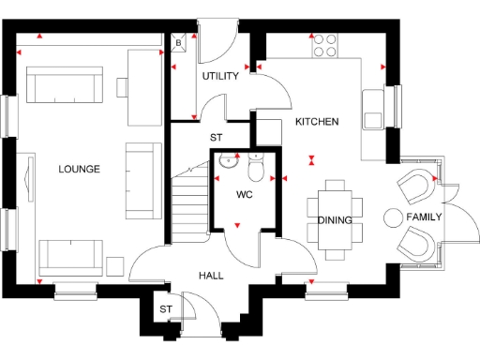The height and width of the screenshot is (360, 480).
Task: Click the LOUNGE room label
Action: (x=79, y=169)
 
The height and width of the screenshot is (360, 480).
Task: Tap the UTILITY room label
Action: (x=220, y=77)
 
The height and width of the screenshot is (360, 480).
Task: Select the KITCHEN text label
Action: (x=317, y=122)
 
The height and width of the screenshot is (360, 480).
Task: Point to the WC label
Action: (x=244, y=195)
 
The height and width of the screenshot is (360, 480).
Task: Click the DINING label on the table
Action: (x=335, y=220)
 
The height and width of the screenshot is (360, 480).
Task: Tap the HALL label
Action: (x=210, y=276)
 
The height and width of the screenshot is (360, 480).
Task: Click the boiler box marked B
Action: (x=178, y=41)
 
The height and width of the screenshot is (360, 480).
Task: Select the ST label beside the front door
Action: (x=165, y=309)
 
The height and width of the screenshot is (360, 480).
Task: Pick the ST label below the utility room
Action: (x=217, y=138)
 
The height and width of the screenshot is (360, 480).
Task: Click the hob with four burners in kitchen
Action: (x=325, y=43)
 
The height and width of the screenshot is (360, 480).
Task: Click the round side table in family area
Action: (x=391, y=217)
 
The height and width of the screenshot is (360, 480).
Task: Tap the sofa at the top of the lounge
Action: (x=63, y=86)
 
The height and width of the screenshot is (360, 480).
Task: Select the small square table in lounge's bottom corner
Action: (x=117, y=264)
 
